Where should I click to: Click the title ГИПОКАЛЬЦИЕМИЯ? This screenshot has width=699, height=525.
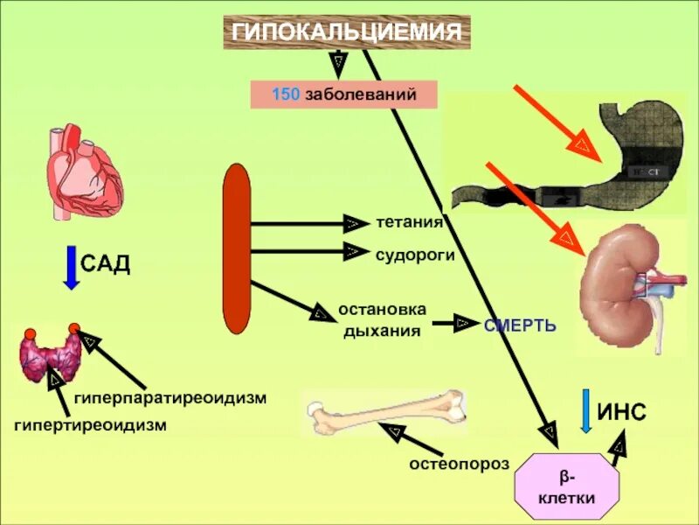click(x=346, y=32)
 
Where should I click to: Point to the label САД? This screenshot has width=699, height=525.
click(x=106, y=264)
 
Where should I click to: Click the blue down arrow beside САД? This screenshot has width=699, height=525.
click(x=72, y=268)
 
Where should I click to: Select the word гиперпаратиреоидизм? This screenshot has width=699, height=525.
click(x=170, y=398)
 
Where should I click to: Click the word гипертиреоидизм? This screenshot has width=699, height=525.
click(x=90, y=424)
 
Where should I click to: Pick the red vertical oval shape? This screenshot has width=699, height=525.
click(x=237, y=248)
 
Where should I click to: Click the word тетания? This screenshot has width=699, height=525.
click(x=410, y=222)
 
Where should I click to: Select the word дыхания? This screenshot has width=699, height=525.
click(x=382, y=331)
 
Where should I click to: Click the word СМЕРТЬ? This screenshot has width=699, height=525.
click(x=520, y=325)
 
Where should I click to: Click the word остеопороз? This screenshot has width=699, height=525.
click(x=459, y=463)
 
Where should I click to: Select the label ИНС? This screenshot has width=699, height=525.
click(x=621, y=411)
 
